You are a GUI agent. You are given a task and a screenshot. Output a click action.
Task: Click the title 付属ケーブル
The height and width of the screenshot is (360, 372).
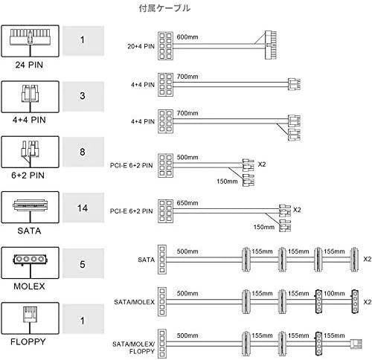[164, 8]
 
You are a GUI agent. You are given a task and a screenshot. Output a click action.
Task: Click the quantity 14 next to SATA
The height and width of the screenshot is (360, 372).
[83, 208]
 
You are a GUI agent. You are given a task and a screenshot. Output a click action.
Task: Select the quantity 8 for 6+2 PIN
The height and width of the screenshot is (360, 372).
[83, 152]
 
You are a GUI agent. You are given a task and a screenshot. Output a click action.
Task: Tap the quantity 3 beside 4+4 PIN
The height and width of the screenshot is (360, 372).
[83, 96]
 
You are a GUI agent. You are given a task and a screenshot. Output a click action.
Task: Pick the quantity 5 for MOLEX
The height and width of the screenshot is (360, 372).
[83, 264]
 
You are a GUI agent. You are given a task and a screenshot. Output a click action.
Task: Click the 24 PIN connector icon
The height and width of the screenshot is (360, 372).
[30, 37]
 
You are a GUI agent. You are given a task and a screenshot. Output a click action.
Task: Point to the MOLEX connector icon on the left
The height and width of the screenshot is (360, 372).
[30, 260]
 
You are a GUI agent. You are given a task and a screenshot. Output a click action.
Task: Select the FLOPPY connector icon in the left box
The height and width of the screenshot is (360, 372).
[30, 314]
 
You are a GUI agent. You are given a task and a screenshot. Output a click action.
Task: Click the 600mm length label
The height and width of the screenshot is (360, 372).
[187, 37]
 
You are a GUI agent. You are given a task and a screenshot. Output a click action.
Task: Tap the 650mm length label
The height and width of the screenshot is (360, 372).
[187, 203]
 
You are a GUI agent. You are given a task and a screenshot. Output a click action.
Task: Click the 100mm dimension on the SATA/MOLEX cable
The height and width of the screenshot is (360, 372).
[334, 294]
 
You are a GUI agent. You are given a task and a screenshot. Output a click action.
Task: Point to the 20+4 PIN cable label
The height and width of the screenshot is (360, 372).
[141, 46]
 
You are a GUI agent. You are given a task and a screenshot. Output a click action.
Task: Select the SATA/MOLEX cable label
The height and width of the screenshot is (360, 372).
[134, 302]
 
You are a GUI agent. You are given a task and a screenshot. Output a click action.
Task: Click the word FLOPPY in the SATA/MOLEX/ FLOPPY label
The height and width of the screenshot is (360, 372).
[142, 351]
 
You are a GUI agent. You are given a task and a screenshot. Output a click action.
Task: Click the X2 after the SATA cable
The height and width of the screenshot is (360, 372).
[368, 259]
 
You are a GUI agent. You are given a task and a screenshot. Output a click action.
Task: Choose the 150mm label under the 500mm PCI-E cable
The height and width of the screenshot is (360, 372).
[227, 181]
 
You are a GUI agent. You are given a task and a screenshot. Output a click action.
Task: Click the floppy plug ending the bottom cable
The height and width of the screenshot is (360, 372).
[356, 344]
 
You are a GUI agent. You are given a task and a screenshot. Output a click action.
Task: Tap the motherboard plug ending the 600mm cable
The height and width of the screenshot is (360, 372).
[271, 45]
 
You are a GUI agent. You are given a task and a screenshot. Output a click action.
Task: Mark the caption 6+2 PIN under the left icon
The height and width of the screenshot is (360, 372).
[28, 176]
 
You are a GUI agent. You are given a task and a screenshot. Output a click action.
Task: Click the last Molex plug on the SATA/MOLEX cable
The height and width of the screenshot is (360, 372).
[355, 301]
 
